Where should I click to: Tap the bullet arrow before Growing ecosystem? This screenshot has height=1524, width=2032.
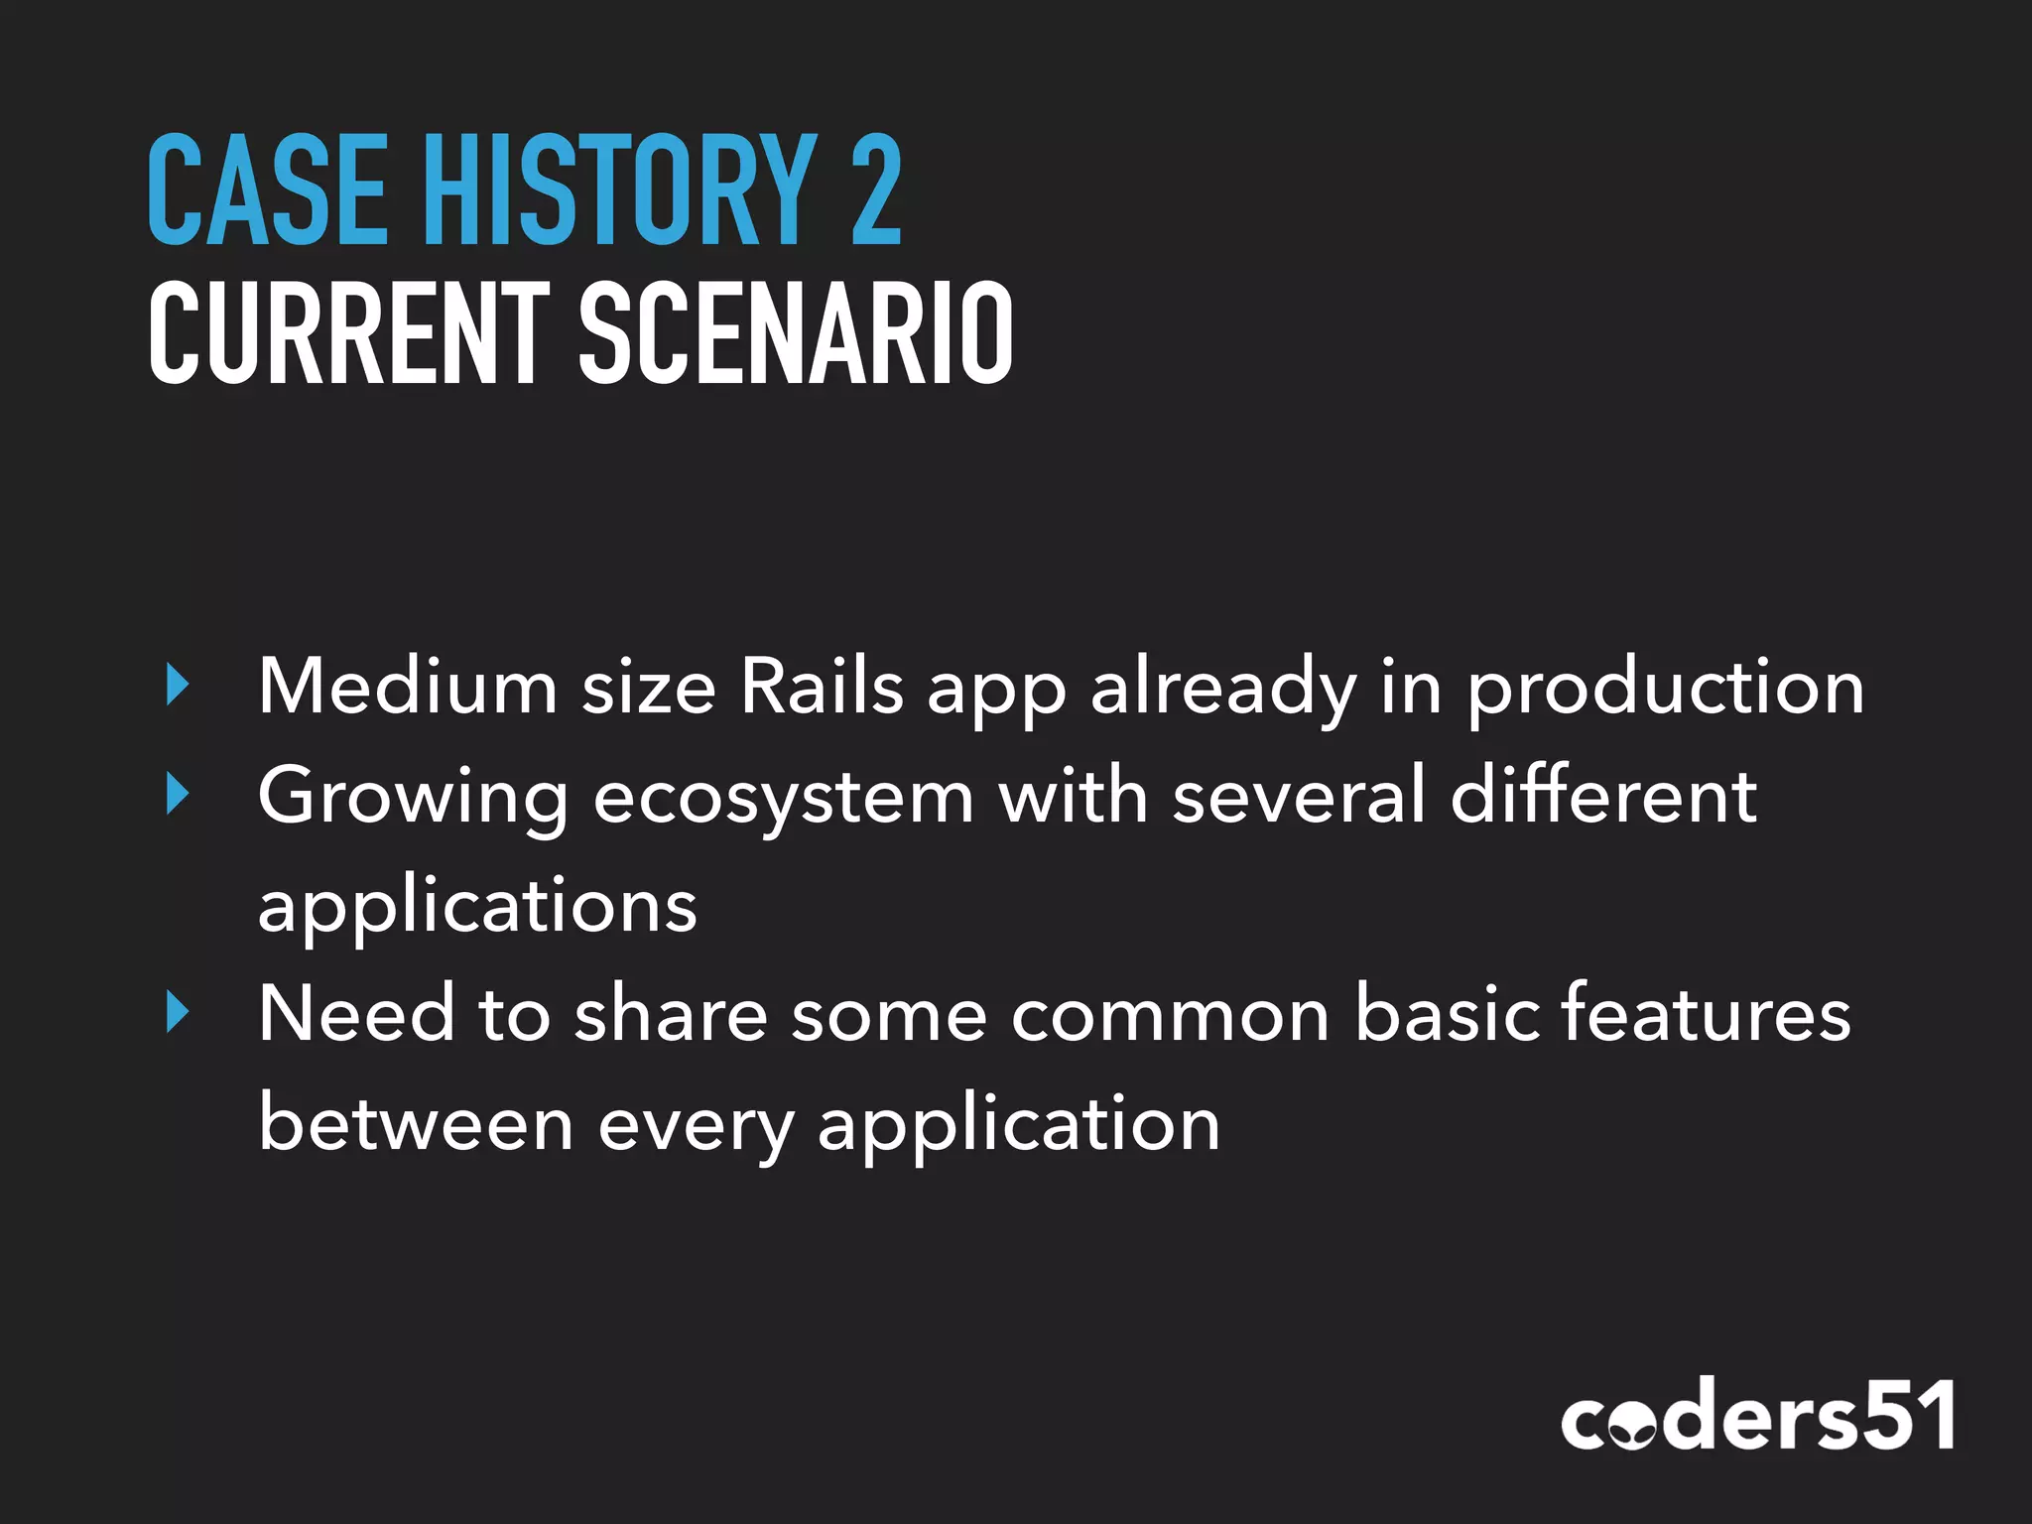178,796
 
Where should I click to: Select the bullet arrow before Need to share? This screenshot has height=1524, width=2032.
178,1013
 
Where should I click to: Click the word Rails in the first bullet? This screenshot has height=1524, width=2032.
823,687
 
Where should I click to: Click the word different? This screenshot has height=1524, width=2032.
1603,796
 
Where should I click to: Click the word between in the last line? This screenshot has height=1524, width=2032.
416,1124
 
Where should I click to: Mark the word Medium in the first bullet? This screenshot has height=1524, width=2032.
408,687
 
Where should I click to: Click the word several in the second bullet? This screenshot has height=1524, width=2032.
1299,796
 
